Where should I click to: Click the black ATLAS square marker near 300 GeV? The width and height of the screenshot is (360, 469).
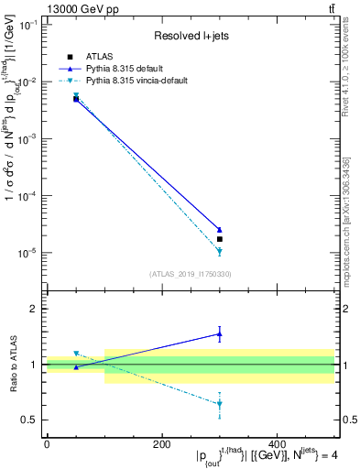point(220,239)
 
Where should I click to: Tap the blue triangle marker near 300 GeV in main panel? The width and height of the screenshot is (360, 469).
point(220,230)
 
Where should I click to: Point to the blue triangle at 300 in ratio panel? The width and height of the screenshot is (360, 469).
point(220,334)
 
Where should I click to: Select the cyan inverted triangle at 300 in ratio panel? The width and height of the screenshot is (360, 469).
point(220,404)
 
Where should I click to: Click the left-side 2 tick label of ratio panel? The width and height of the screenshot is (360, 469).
point(33,309)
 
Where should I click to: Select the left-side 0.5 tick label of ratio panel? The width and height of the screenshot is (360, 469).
point(29,420)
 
